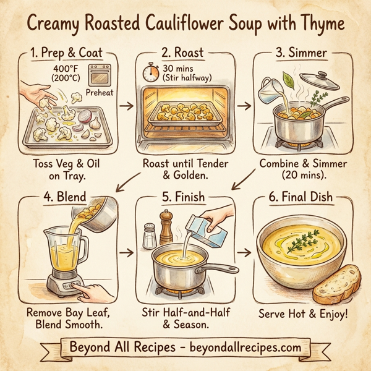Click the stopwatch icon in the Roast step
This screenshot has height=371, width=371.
[x=150, y=72]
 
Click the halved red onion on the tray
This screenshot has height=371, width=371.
[x=87, y=115]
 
